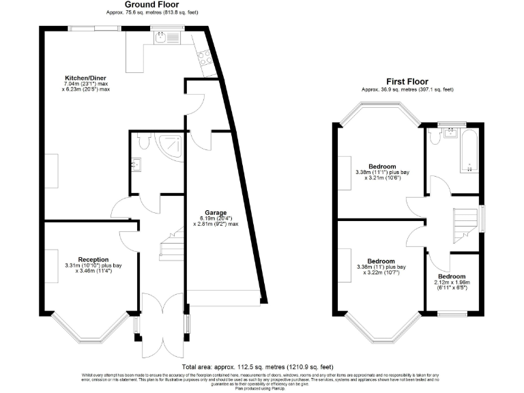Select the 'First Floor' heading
click(407, 81)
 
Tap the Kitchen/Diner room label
click(86, 77)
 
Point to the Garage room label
click(215, 213)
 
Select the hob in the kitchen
click(203, 60)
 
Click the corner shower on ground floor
click(169, 145)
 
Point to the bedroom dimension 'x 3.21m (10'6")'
click(382, 180)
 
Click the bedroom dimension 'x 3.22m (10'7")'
click(381, 274)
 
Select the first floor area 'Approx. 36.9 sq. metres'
click(407, 89)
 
